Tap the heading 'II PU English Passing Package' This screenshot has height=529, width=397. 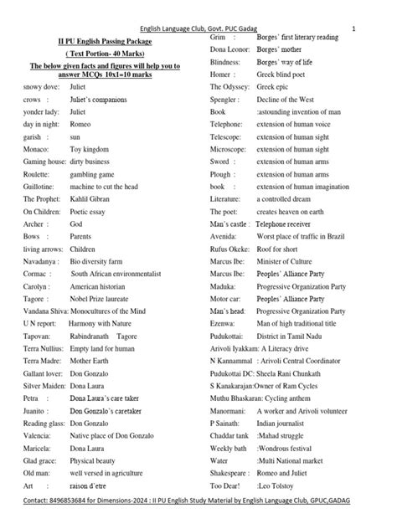111,40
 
